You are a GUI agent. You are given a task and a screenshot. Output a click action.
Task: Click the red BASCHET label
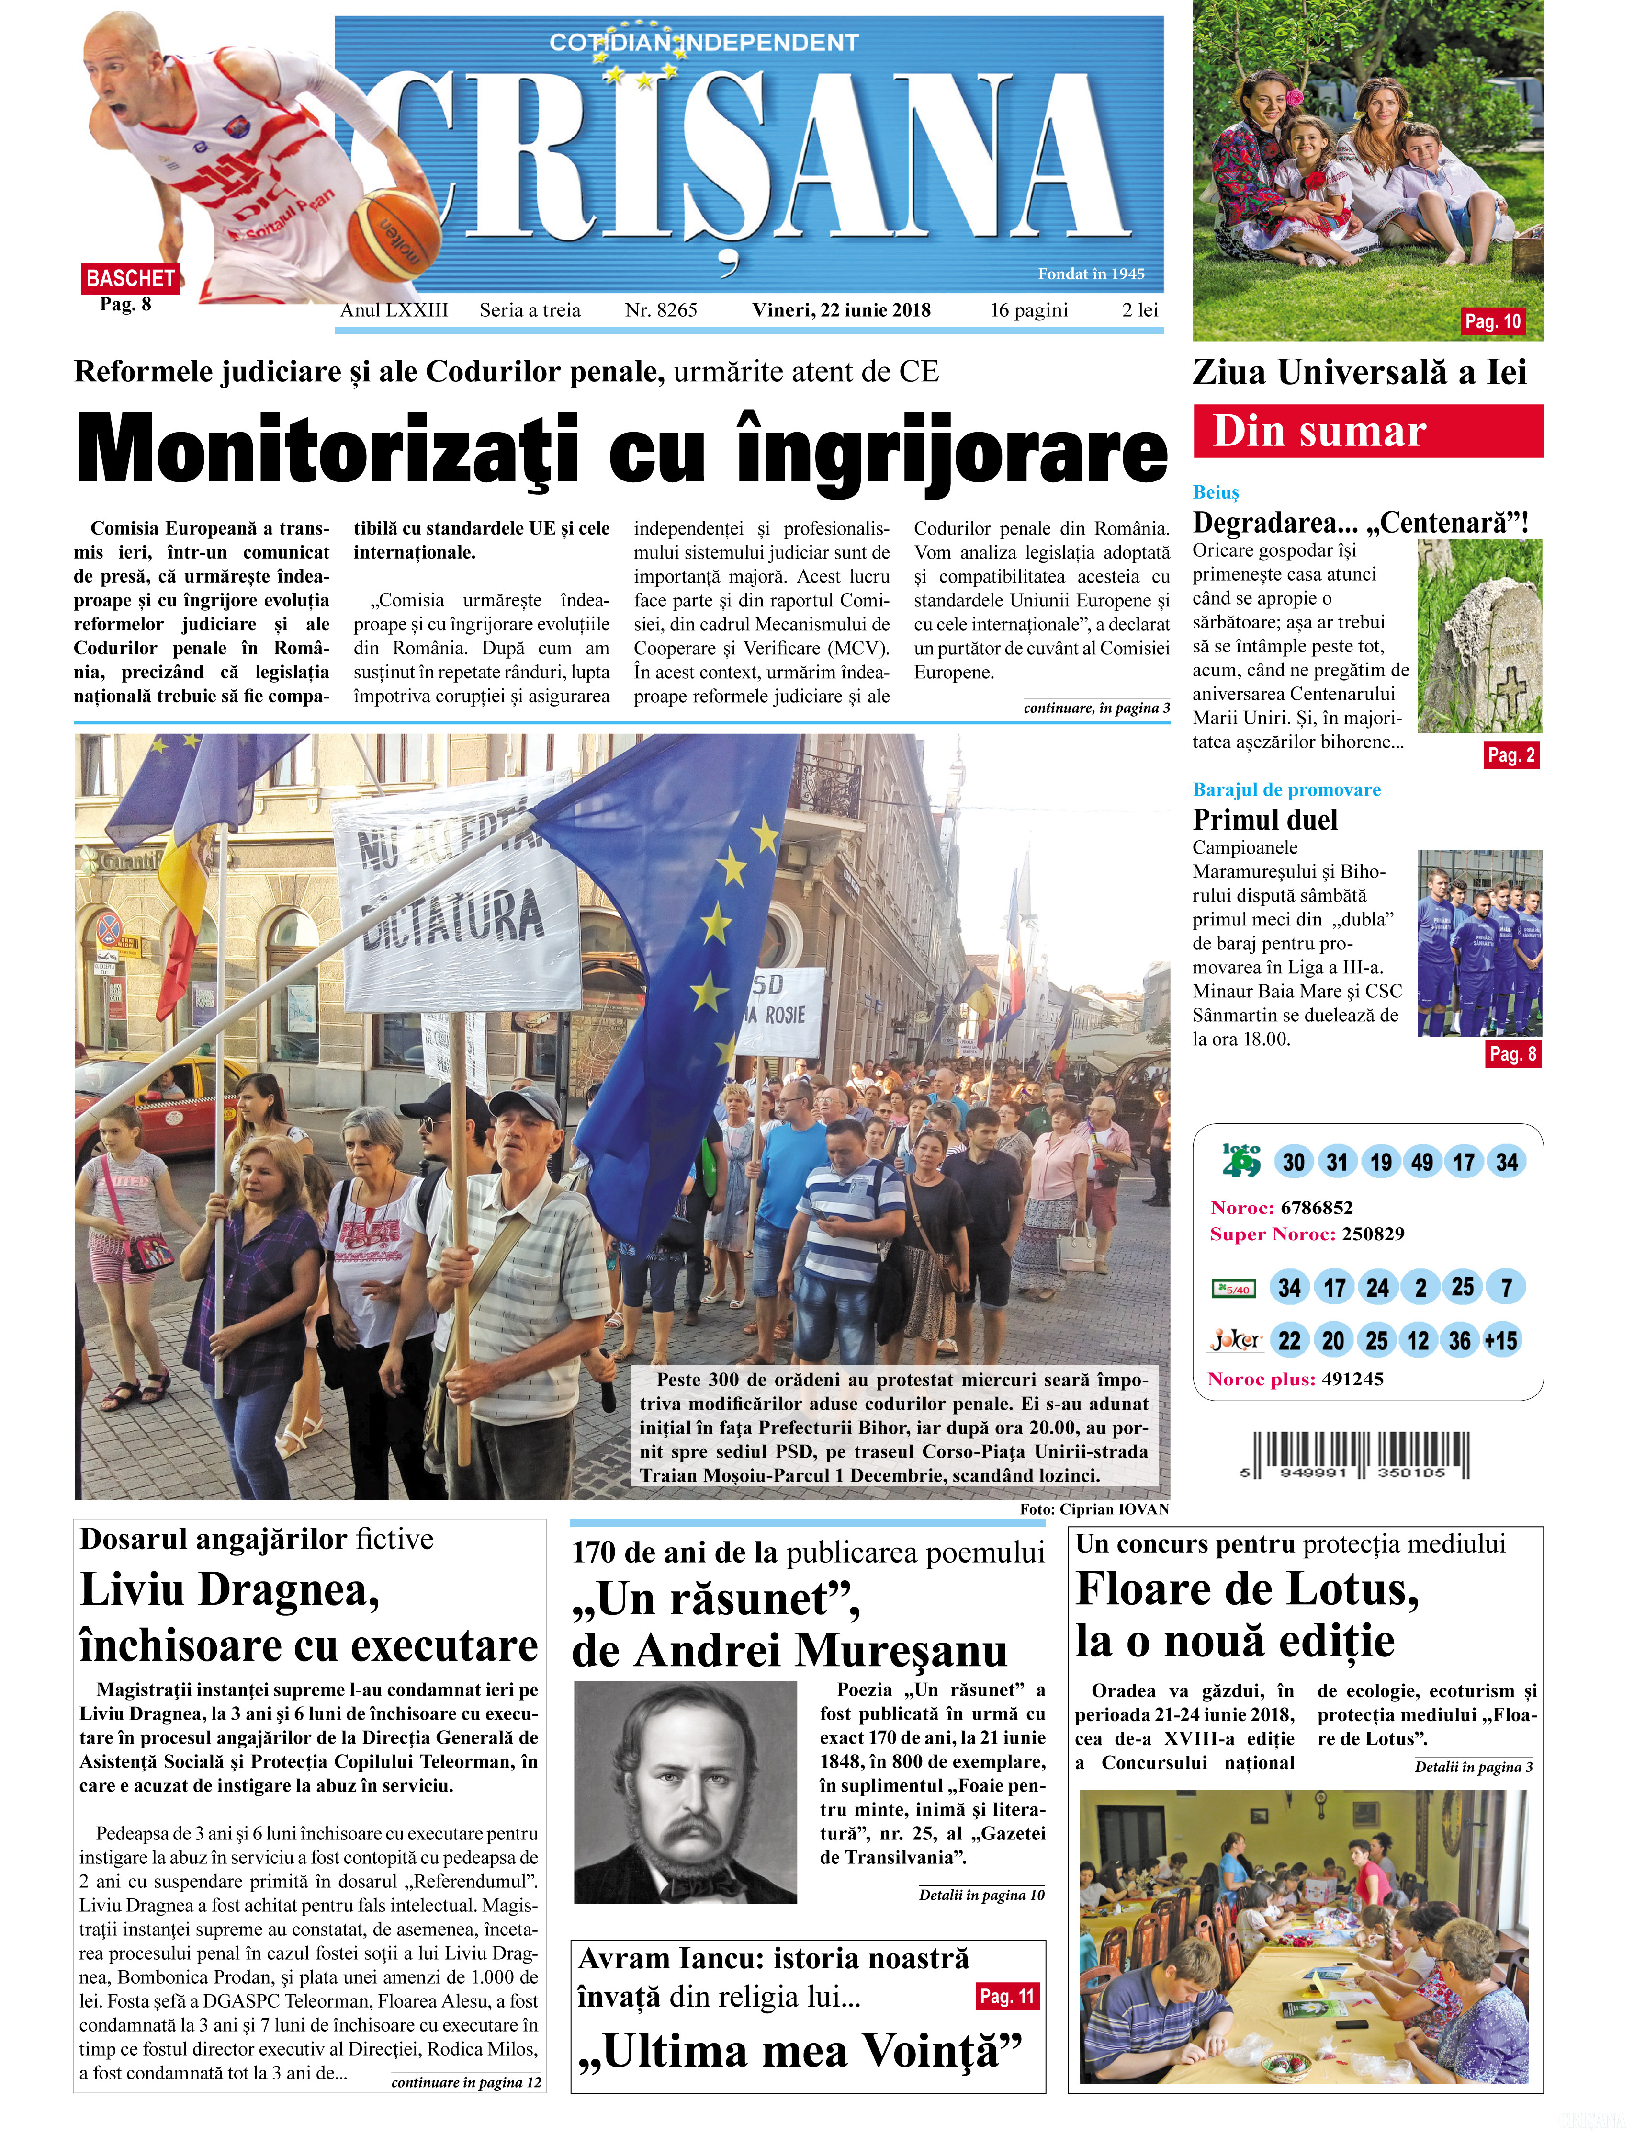[x=129, y=278]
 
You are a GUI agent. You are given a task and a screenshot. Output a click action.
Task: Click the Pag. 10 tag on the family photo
[x=1492, y=321]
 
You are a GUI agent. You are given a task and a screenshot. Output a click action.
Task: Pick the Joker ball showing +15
[x=1501, y=1341]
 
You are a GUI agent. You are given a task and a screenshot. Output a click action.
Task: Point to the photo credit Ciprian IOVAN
[x=1094, y=1509]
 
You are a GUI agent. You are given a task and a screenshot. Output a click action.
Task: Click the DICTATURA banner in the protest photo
[x=452, y=891]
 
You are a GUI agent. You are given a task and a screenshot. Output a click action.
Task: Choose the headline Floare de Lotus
[x=1247, y=1590]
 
